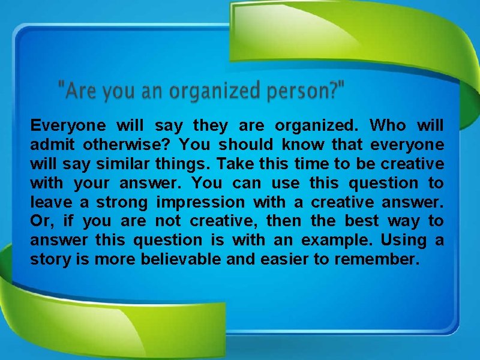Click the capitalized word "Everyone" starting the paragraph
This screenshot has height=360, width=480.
68,125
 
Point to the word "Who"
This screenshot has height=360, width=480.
388,125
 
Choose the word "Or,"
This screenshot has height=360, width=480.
42,221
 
